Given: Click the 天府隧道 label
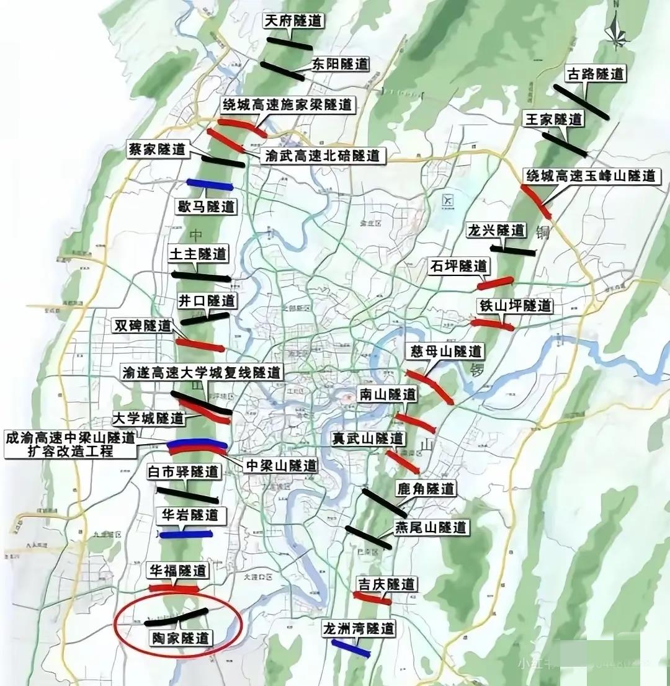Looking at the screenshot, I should coord(294,20).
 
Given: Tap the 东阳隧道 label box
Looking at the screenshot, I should coord(339,64).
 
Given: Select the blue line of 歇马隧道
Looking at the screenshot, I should coord(209,184).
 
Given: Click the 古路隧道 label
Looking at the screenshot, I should coord(595,74).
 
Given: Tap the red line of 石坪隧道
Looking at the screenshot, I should coord(496,283).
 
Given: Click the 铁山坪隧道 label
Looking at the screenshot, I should coord(515,306).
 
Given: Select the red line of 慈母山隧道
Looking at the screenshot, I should coord(429,386).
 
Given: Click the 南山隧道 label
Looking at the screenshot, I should coord(387,394).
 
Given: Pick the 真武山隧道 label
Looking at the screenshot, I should coord(367,439).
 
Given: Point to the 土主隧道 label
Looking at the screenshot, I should coord(198,254).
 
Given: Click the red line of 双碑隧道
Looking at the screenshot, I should coord(199,345).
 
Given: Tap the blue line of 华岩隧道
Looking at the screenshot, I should coord(185,534).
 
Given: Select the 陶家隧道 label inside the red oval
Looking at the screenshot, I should coord(181,638).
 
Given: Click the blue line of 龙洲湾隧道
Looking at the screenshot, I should coord(348,648).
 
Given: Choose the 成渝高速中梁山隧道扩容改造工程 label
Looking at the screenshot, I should coord(69,444).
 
